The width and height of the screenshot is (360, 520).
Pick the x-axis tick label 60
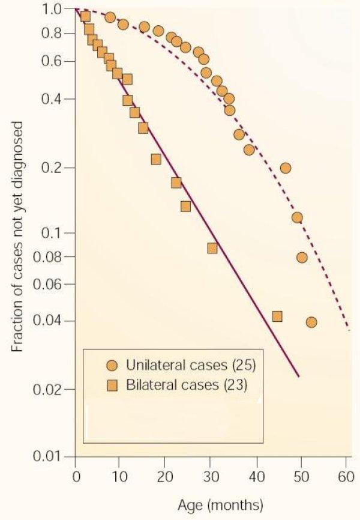(344, 478)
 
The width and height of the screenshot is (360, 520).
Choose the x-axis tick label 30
(210, 478)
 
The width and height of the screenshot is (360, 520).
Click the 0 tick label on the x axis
(75, 478)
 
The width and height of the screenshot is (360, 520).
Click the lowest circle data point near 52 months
(311, 322)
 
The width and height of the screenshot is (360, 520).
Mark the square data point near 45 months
(277, 316)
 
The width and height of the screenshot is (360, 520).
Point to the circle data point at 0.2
(286, 168)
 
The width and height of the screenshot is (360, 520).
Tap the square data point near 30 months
(212, 247)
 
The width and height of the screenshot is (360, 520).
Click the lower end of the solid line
(298, 377)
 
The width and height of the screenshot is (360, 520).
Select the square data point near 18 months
(156, 159)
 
